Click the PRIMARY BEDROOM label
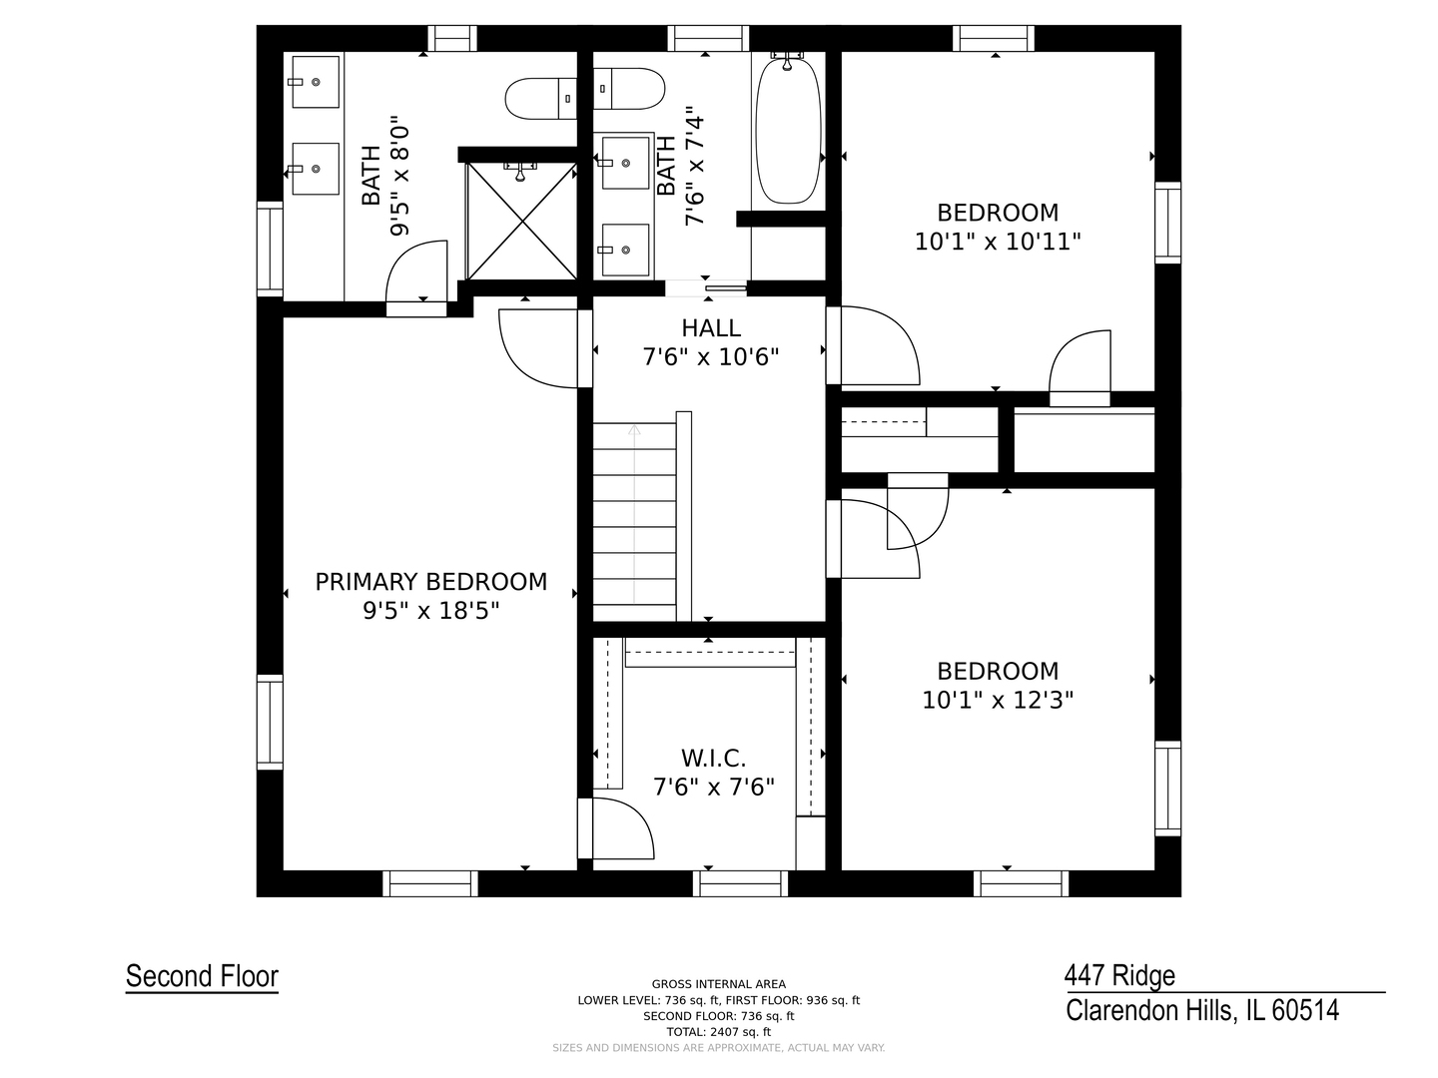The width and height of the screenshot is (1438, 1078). click(430, 582)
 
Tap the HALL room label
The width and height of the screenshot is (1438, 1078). click(711, 328)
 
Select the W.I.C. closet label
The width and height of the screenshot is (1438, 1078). click(713, 759)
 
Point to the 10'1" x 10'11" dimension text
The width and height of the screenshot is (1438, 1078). click(997, 243)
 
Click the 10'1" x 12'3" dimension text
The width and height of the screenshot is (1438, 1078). click(997, 701)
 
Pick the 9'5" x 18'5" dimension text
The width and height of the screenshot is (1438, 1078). click(431, 611)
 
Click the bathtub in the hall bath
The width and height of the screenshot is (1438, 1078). click(788, 130)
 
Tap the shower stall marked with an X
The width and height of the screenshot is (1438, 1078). click(521, 222)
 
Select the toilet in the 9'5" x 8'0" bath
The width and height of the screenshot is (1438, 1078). click(541, 98)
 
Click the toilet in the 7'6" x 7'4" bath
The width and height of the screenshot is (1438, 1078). click(629, 89)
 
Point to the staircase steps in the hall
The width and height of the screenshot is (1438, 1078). click(634, 522)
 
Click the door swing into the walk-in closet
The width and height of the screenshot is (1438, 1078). click(622, 828)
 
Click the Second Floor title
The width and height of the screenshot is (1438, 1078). click(202, 976)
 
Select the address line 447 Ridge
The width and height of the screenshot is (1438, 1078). click(1119, 976)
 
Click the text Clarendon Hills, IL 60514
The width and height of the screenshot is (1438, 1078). click(1202, 1010)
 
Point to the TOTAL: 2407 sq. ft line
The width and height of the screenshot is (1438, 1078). click(719, 1032)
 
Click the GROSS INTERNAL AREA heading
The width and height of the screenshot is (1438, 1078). click(719, 984)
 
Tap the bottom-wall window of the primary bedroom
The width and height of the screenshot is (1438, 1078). click(430, 883)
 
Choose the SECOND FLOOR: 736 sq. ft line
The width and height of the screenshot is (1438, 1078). click(719, 1016)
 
